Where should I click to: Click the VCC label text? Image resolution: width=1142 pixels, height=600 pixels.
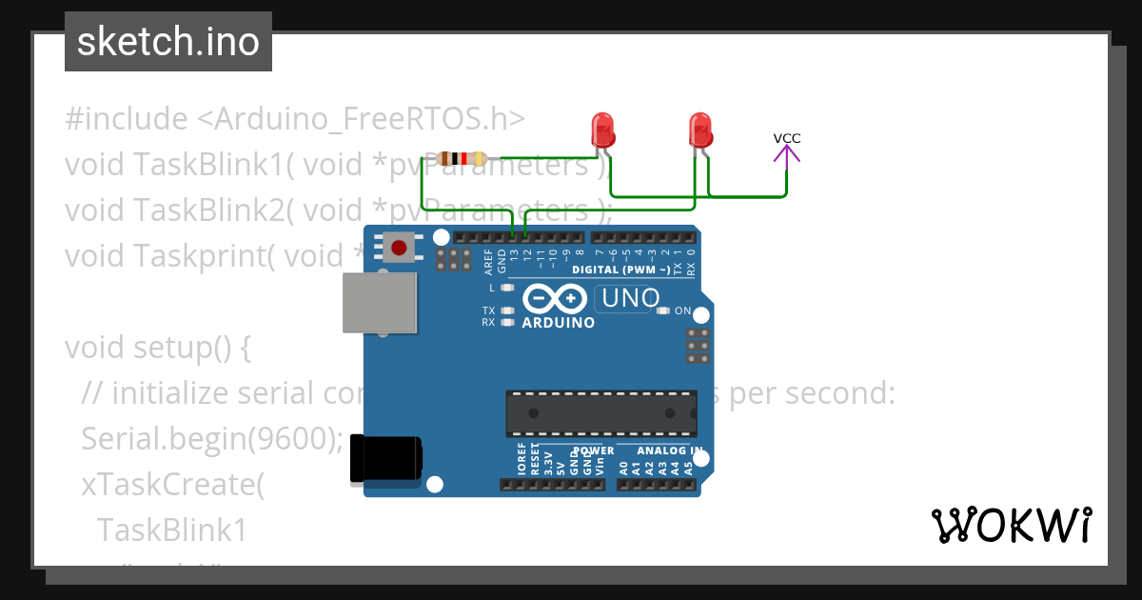pos(787,139)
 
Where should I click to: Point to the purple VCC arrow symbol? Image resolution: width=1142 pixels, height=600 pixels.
pos(787,155)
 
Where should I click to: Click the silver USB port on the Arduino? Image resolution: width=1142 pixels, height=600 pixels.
pos(380,303)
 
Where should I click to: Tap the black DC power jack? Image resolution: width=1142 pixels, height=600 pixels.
pos(385,458)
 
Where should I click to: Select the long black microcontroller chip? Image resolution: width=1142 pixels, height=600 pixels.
pos(601,413)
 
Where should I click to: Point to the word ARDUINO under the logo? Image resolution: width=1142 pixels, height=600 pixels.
pos(559,323)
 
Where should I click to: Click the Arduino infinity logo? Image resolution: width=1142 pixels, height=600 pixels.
pos(553,299)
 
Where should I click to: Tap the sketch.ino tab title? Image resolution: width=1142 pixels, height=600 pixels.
pos(168,42)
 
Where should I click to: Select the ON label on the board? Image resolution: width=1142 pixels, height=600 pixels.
pos(682,310)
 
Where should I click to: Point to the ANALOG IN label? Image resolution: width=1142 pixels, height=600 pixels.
pos(670,450)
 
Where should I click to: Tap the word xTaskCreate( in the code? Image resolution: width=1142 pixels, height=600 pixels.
pos(171,484)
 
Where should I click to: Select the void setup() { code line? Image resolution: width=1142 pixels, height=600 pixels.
pos(158,348)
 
